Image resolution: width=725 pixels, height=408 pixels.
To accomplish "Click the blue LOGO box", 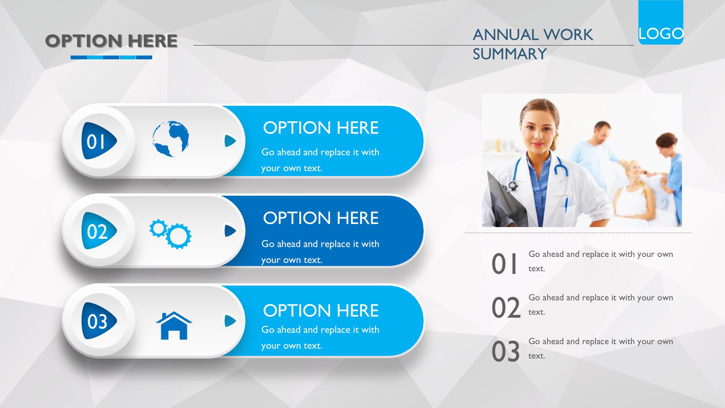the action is click(x=661, y=22).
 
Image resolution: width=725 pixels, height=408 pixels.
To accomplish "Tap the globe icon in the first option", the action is click(x=171, y=139).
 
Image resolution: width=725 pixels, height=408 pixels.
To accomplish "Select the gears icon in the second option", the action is click(x=170, y=234).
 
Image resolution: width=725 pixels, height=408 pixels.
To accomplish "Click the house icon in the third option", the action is click(x=174, y=325).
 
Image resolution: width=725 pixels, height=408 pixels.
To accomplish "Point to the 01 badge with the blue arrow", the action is click(x=99, y=141).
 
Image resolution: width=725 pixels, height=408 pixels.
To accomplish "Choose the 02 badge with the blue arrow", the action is click(x=99, y=231).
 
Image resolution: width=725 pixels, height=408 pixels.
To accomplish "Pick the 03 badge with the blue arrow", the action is click(x=99, y=321).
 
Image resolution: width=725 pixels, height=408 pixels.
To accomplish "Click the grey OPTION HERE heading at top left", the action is click(x=111, y=41).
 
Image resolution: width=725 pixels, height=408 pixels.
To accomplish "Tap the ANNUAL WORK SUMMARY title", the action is click(x=533, y=44).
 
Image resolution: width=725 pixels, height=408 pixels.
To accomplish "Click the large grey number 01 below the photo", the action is click(x=504, y=264).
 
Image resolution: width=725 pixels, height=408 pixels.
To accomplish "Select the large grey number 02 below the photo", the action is click(x=506, y=308).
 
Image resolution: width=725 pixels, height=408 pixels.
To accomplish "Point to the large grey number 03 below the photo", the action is click(x=506, y=351).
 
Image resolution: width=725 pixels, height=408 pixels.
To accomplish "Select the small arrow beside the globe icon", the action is click(x=230, y=141).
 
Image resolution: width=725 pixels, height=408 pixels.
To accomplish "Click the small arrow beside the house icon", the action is click(x=230, y=321).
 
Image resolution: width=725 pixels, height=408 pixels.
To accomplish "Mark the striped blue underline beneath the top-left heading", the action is click(x=111, y=57).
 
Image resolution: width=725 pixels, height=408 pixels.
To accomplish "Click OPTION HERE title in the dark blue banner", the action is click(x=321, y=218).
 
